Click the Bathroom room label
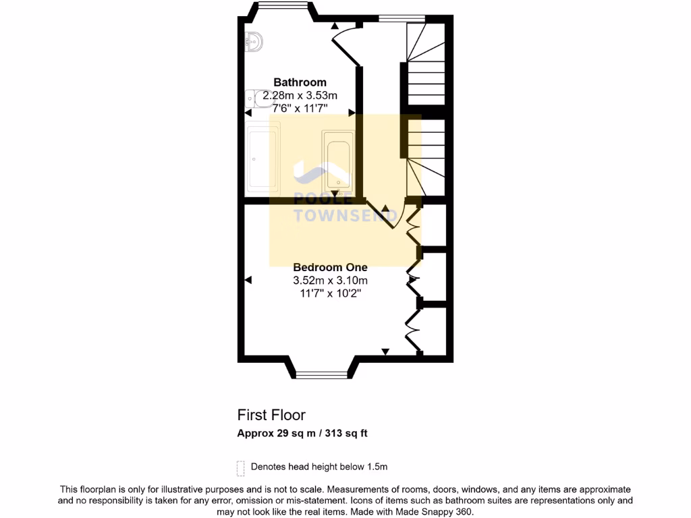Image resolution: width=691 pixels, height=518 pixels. [x=300, y=83]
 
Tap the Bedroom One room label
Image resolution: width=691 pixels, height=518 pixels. [x=330, y=267]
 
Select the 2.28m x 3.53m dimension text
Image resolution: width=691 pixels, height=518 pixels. [x=300, y=96]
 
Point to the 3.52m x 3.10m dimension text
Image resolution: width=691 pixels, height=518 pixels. [x=330, y=281]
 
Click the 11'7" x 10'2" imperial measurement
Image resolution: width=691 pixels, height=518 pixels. [x=330, y=293]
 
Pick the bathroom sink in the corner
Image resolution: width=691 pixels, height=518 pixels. [x=253, y=42]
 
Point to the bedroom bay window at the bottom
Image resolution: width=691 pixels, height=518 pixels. [x=323, y=372]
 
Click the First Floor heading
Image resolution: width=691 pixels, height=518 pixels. [x=271, y=415]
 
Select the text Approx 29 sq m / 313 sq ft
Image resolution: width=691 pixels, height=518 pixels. [x=302, y=434]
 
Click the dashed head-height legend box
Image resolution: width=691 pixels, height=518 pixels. [x=240, y=467]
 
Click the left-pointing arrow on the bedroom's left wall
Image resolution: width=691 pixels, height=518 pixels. [x=248, y=279]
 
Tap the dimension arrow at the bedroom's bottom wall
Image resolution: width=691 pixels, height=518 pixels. [x=385, y=351]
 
